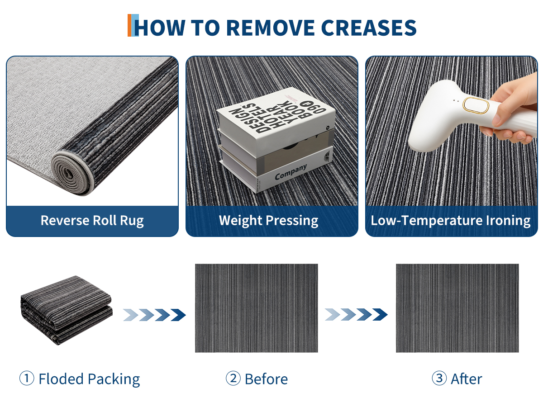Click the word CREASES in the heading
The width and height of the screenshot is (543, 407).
tap(368, 28)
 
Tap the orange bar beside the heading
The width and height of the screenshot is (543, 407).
tap(129, 25)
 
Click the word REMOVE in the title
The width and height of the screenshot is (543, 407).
tap(270, 28)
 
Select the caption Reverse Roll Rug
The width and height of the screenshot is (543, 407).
tap(92, 220)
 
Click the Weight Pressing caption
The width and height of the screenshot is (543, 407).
tap(268, 220)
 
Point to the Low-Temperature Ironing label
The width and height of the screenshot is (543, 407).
tap(451, 220)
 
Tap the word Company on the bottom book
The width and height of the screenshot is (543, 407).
tap(291, 172)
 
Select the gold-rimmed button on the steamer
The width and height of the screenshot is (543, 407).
tap(476, 106)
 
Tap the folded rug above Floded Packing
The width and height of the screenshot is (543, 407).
tap(67, 310)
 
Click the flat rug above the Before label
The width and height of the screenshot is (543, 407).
tap(256, 308)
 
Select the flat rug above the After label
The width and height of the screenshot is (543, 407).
tap(457, 308)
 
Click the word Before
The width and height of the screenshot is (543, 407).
tap(266, 379)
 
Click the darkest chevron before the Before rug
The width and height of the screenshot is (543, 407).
tap(178, 315)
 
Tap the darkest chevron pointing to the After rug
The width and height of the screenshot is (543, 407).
tap(380, 314)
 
